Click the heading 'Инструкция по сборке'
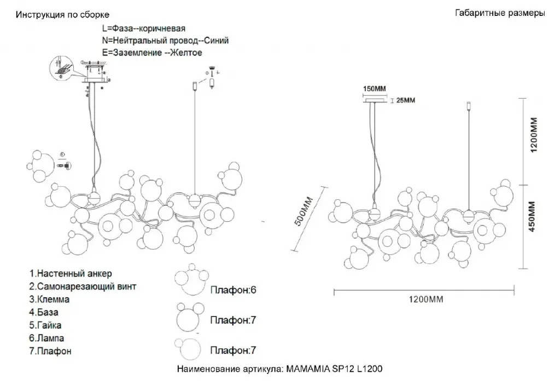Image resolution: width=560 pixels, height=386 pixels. click(x=62, y=14)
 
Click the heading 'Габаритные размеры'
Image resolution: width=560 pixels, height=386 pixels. click(x=499, y=13)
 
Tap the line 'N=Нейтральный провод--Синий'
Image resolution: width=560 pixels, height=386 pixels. click(x=165, y=41)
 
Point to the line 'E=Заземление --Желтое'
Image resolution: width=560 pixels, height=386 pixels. click(x=152, y=53)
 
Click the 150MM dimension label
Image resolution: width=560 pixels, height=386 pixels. click(x=375, y=89)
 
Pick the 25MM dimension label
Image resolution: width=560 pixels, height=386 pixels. click(x=405, y=100)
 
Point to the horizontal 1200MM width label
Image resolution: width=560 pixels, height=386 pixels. click(x=425, y=299)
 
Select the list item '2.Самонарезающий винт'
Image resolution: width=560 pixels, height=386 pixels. click(x=83, y=286)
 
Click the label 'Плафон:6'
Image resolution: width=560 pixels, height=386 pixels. click(x=234, y=290)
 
